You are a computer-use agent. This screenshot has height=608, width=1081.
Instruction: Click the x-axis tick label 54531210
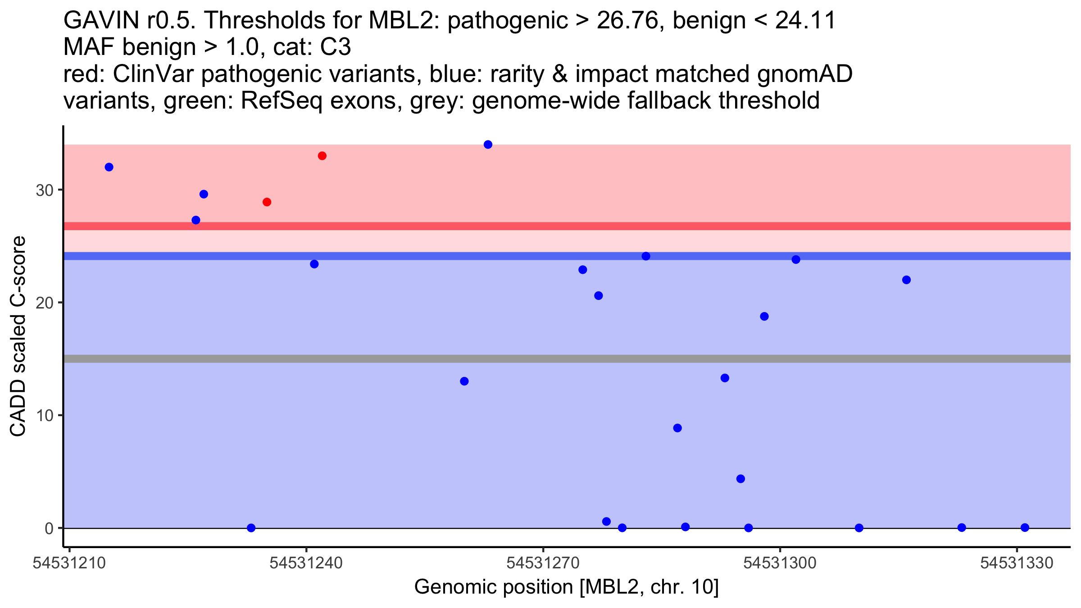click(69, 563)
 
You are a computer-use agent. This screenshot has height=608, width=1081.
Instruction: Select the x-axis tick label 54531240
click(306, 563)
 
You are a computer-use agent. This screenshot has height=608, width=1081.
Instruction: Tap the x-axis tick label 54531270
click(543, 563)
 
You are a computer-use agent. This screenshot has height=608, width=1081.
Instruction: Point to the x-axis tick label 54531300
click(780, 563)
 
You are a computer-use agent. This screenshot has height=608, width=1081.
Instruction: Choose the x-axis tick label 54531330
click(1017, 563)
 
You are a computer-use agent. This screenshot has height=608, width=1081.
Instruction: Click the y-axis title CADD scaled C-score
click(18, 336)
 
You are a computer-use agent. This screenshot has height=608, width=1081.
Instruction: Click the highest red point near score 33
click(322, 156)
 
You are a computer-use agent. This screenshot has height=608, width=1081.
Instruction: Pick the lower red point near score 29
click(267, 202)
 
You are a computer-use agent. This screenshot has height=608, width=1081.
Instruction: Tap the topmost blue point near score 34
click(488, 145)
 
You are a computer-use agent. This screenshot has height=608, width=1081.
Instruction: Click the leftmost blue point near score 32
click(109, 167)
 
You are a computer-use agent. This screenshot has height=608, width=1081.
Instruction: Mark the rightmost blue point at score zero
click(1025, 527)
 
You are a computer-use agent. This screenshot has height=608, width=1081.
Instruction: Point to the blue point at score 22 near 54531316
click(907, 280)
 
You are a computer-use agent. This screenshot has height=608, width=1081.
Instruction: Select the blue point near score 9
click(677, 428)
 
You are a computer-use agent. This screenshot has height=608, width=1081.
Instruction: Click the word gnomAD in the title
click(805, 74)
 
